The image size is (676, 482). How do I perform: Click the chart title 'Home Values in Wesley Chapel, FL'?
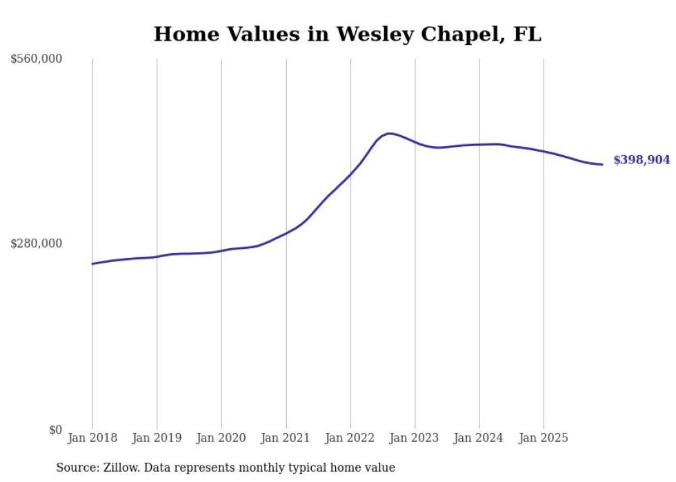pos(347,34)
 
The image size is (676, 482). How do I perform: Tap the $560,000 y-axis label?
pos(37,59)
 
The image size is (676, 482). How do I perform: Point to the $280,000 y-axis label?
pos(37,243)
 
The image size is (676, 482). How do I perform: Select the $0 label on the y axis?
pos(55,430)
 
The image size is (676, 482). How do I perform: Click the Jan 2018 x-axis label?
pos(92,438)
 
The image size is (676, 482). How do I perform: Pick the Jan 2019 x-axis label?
pos(157,438)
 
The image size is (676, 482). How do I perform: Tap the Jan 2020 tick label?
pos(221,438)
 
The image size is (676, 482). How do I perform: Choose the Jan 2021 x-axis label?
pos(286,438)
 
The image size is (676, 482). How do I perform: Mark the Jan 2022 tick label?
pos(350,438)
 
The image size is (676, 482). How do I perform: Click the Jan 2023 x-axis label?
pos(415,438)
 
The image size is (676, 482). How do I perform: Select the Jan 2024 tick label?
pos(479,438)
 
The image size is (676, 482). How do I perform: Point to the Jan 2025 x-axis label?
pos(544,438)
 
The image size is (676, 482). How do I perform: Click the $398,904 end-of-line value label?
pos(642,160)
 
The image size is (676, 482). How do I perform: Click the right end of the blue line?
pos(602,164)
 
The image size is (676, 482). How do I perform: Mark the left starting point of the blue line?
pos(92,263)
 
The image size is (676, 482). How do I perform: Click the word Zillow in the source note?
pos(117,468)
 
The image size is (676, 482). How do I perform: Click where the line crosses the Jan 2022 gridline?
pos(350,174)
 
